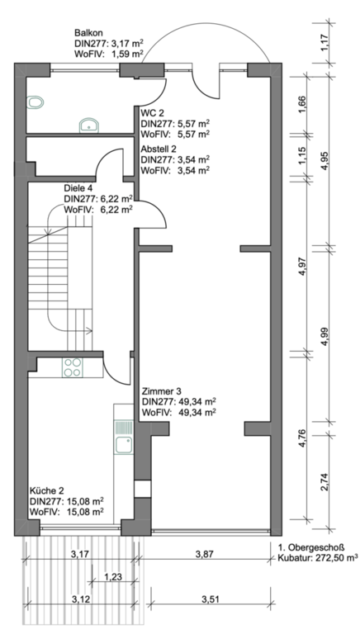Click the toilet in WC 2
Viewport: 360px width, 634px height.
(x=35, y=102)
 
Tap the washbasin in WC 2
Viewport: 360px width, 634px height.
(x=88, y=125)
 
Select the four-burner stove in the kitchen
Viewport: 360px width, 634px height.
(x=73, y=367)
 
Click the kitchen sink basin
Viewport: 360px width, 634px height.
(x=123, y=444)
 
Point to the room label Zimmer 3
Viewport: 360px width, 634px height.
(x=161, y=391)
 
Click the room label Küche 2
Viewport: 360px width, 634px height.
(x=46, y=491)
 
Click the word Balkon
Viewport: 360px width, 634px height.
(x=88, y=33)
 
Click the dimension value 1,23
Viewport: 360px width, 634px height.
(x=113, y=576)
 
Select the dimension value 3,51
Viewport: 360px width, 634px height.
(x=211, y=599)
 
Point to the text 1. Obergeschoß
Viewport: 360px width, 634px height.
(x=311, y=548)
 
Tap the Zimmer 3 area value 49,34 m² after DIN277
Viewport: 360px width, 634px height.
(x=197, y=401)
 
